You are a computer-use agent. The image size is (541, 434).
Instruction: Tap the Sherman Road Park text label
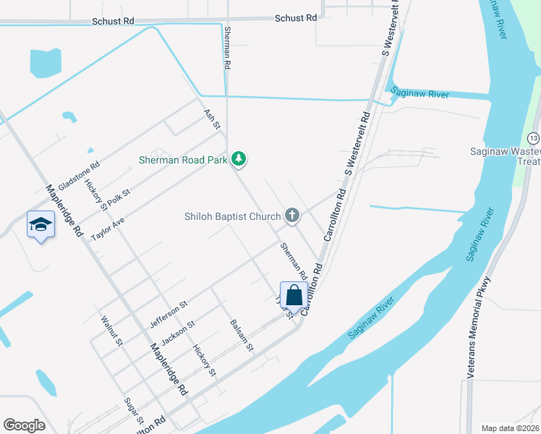pos(185,159)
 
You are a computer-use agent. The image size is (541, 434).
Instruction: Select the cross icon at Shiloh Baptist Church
pos(292,215)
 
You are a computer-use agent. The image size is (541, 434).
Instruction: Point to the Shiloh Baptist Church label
pos(231,216)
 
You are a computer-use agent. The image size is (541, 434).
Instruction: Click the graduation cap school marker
pos(41,225)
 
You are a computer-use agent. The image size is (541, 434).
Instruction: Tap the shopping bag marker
pos(294,296)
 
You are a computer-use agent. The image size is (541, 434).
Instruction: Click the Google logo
pos(24,425)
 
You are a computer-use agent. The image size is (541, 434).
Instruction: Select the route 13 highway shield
pos(533,137)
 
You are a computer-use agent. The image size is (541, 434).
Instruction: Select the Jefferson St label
pos(169,312)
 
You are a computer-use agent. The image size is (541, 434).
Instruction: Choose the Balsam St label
pos(242,336)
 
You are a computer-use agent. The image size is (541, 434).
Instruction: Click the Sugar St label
pos(134,410)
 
